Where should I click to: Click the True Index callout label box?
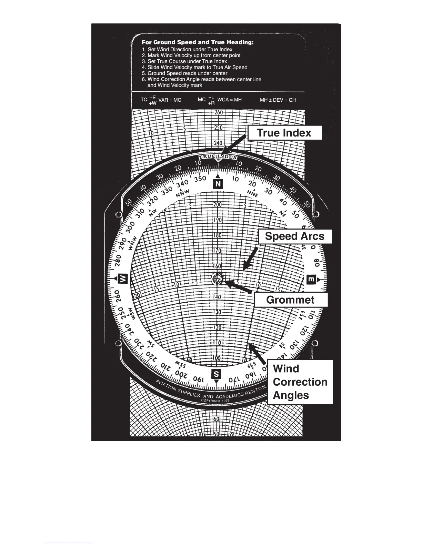284,133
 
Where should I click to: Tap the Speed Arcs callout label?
295,236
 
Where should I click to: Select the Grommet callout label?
290,300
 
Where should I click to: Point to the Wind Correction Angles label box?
300,382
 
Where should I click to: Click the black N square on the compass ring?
218,184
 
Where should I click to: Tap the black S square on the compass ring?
216,374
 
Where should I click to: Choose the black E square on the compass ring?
311,280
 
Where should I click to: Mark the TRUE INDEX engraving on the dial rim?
218,157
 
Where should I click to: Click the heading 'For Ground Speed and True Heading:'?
198,43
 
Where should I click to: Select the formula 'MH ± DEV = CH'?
278,100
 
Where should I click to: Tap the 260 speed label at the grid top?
218,112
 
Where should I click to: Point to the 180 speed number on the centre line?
218,235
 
